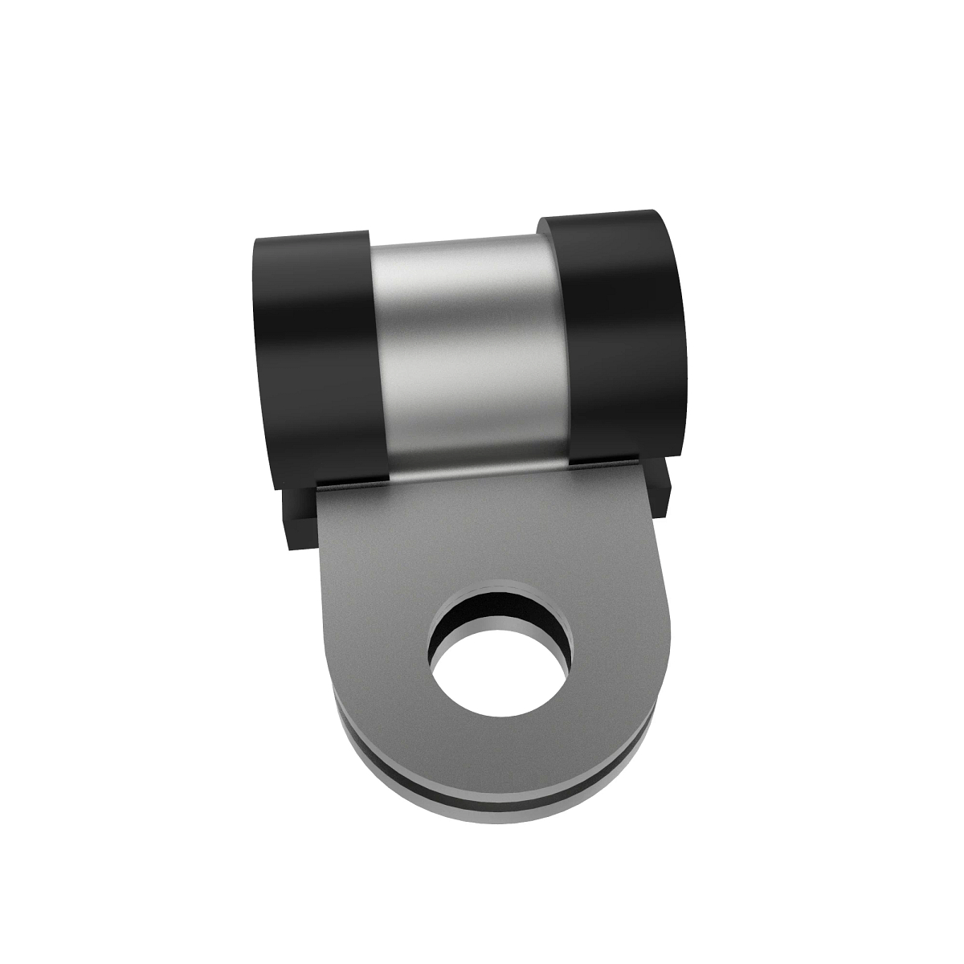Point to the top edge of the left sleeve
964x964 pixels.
pyautogui.click(x=309, y=236)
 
